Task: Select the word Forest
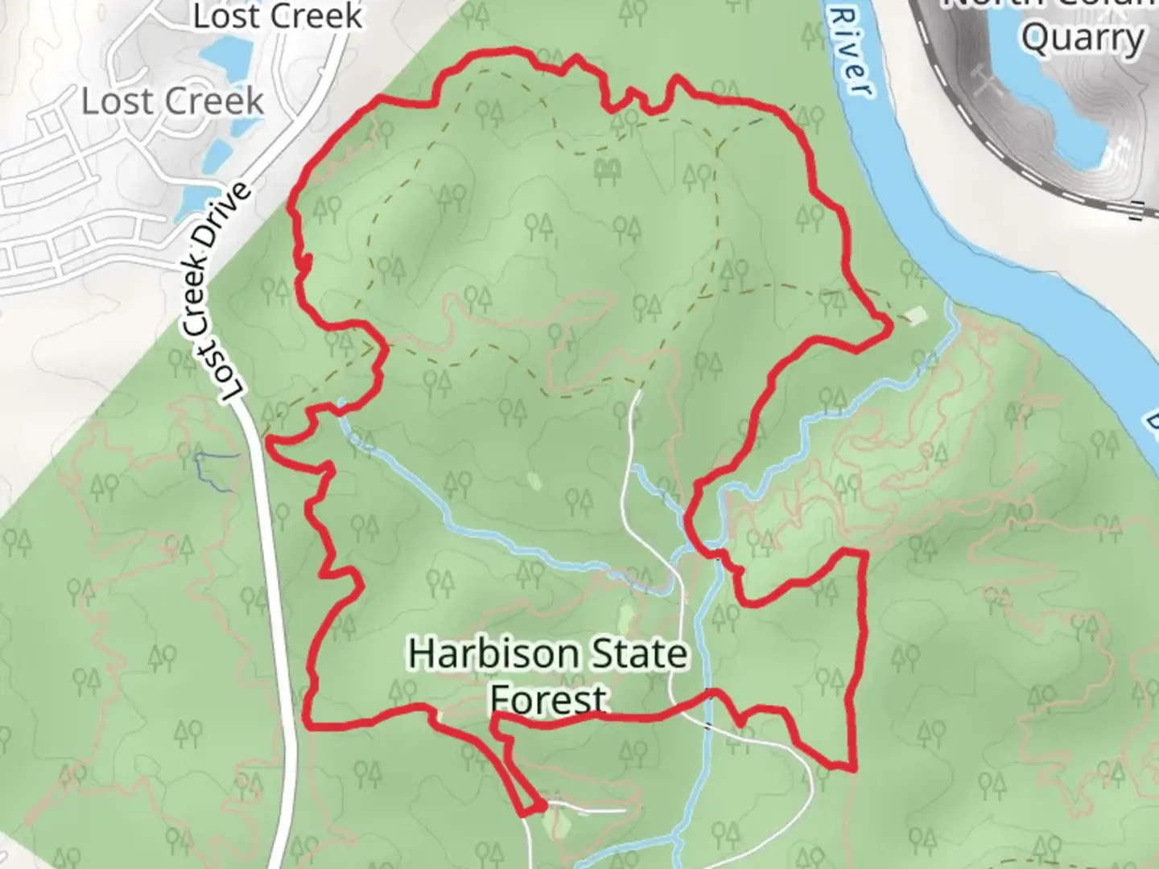coord(548,700)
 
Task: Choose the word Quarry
coord(1083,38)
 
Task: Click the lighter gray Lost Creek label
coord(172,101)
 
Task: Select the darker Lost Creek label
coord(278,15)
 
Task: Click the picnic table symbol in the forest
coord(607,170)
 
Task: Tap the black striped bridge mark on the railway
coord(1137,209)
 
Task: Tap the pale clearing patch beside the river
coord(916,314)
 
